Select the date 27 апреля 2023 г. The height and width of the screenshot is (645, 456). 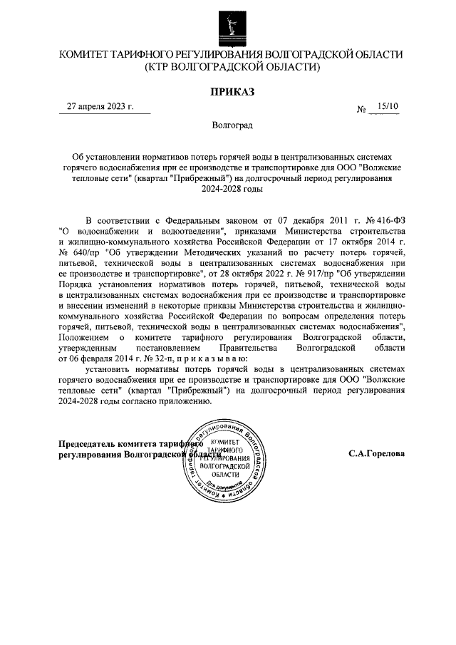(100, 106)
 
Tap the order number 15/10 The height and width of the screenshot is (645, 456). (389, 106)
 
